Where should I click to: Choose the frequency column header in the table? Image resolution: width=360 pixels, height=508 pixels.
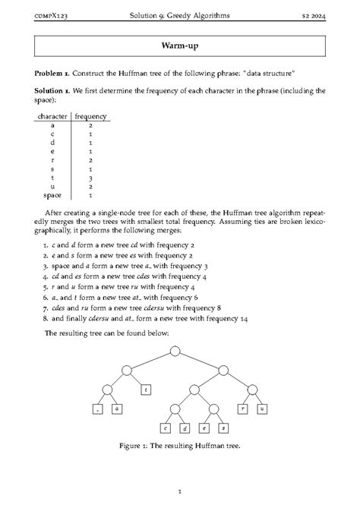[x=90, y=116]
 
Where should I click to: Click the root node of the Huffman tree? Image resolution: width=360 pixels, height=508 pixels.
[x=175, y=351]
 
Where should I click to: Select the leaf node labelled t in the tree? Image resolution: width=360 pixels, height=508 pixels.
[x=147, y=390]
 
